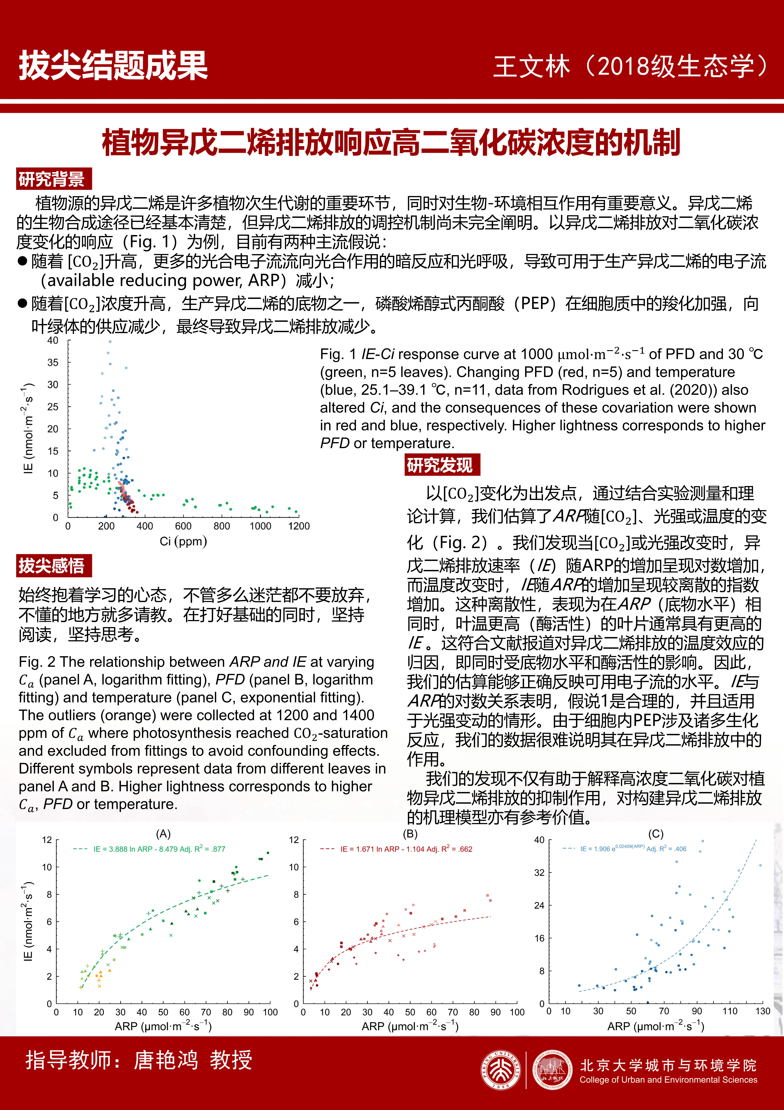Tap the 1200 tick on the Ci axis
click(299, 526)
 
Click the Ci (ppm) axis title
click(184, 541)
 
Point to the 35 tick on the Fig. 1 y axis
click(53, 363)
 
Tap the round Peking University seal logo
click(501, 1071)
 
